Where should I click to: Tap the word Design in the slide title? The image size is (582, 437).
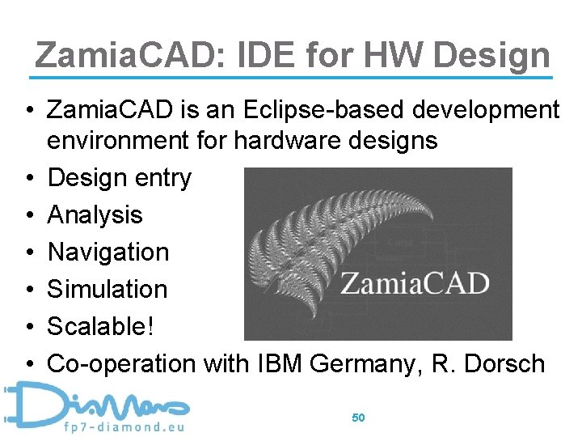click(x=491, y=55)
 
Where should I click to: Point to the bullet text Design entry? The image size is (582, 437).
click(x=119, y=178)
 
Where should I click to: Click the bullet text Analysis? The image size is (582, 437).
click(x=95, y=215)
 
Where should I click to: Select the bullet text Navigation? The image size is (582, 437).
click(x=108, y=252)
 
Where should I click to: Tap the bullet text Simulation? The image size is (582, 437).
click(x=108, y=290)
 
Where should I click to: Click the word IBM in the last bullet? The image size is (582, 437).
click(x=272, y=364)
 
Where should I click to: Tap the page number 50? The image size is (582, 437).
click(x=359, y=418)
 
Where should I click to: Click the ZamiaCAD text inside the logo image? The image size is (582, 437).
click(x=414, y=284)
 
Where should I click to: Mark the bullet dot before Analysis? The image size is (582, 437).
click(x=28, y=216)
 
